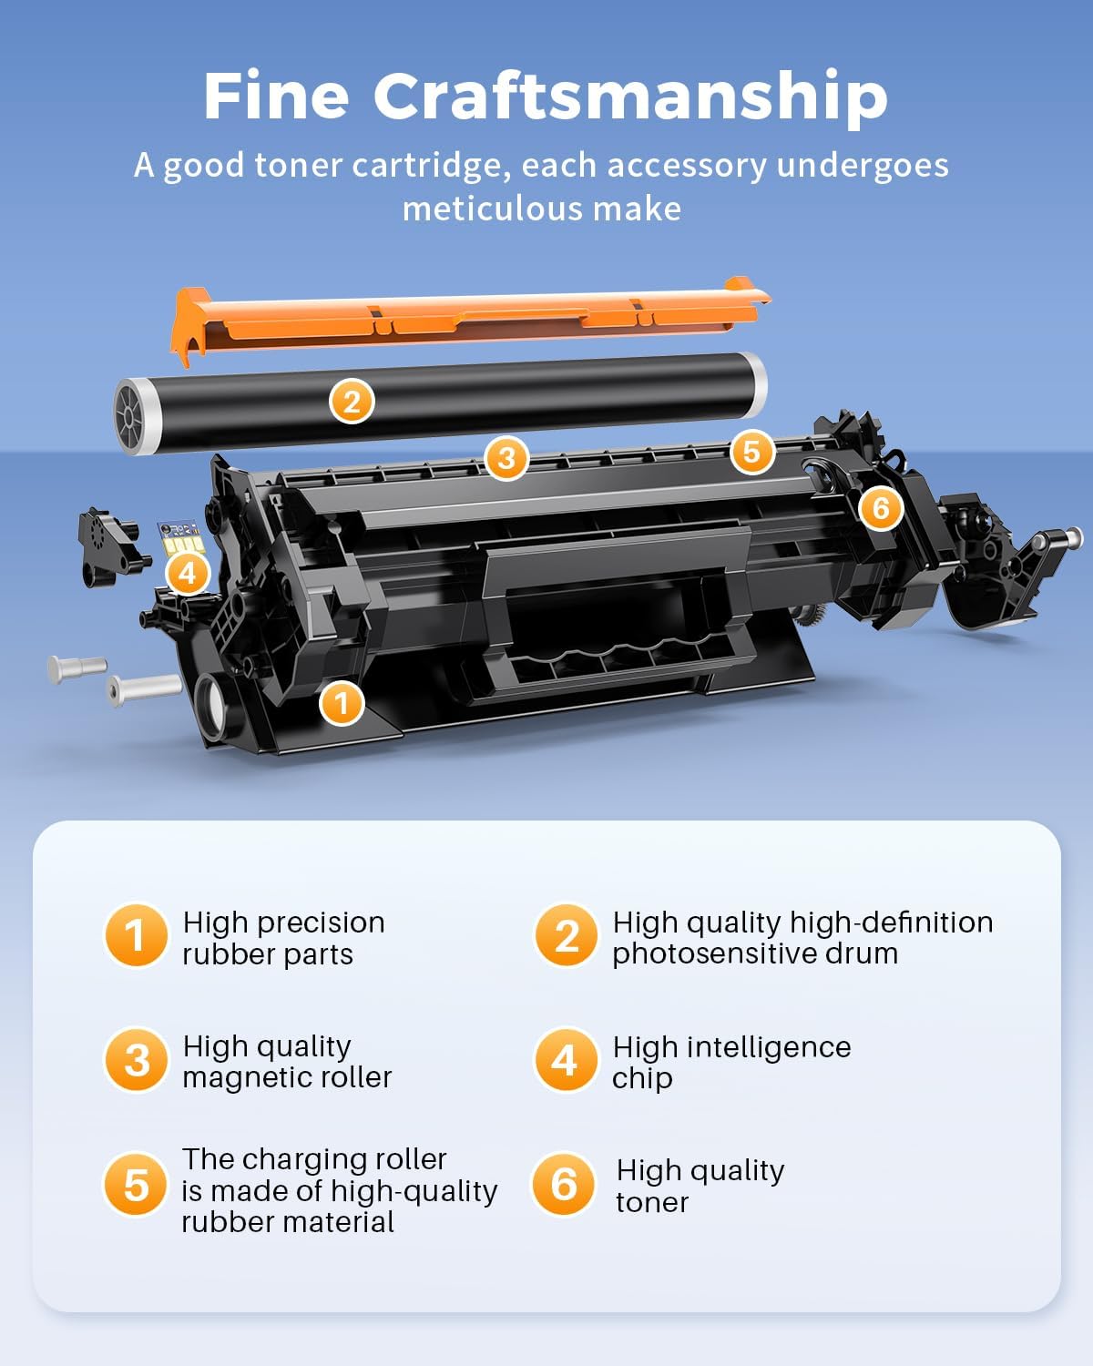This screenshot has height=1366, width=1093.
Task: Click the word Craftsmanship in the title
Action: coord(630,97)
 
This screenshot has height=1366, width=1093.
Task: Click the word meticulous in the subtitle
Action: coord(493,209)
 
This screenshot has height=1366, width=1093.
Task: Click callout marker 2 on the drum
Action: coord(352,402)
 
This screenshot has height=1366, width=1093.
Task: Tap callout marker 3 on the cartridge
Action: coord(506,457)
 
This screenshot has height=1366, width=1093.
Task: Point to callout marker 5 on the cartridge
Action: coord(751,452)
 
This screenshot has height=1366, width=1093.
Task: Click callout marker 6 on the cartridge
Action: coord(880,507)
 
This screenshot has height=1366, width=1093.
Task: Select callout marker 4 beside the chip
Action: coord(188,574)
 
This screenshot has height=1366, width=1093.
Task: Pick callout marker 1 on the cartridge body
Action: coord(342,703)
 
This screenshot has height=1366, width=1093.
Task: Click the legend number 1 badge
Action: coord(136,935)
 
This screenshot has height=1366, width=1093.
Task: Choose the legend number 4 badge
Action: coord(565,1060)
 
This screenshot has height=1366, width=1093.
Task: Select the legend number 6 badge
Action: coord(564,1184)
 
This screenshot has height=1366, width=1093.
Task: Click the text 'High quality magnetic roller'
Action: coord(286,1062)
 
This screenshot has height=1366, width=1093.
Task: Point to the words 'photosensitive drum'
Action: coord(754,953)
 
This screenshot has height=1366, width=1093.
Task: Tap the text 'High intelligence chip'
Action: coord(730,1062)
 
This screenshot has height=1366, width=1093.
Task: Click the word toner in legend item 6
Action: coord(652,1202)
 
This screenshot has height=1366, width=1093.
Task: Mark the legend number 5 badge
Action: coord(136,1185)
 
